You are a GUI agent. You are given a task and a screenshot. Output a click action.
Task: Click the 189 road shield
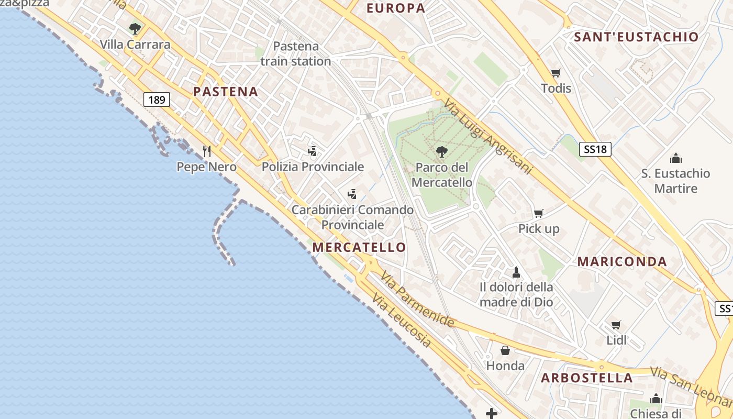pos(157,100)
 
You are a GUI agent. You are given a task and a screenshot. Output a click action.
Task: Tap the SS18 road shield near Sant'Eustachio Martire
pos(595,149)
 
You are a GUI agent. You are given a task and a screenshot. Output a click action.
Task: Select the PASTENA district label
pos(226,92)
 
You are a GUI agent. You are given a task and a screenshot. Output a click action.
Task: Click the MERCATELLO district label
pos(359,247)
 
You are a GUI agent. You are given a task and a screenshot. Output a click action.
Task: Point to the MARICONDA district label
pos(622,262)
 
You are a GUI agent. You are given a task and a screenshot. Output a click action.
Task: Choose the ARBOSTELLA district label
pos(587,378)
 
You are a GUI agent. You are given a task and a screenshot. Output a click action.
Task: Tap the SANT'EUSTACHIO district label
pos(636,37)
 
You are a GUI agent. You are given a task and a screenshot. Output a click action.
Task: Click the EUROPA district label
pos(396,8)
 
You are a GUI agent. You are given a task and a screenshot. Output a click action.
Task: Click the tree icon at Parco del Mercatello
pos(441,152)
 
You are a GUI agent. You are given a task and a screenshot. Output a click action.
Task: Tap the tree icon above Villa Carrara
pos(135,28)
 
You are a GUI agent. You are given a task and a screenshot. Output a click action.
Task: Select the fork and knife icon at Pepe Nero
pos(207,151)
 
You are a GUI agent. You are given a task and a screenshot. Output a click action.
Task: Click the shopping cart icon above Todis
pos(556,73)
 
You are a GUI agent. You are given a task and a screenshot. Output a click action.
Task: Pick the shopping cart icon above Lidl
pos(616,325)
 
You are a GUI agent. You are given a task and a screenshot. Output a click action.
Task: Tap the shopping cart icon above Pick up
pos(538,213)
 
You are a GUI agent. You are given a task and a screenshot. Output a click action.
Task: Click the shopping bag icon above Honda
pos(505,350)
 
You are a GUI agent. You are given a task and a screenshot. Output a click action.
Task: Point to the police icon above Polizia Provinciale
pos(313,151)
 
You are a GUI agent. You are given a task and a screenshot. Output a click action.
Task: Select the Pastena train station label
pos(296,53)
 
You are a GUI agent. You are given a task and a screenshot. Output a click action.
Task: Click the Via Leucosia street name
pos(402,321)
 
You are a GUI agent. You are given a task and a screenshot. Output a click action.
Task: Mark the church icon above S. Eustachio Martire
pos(676,158)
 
